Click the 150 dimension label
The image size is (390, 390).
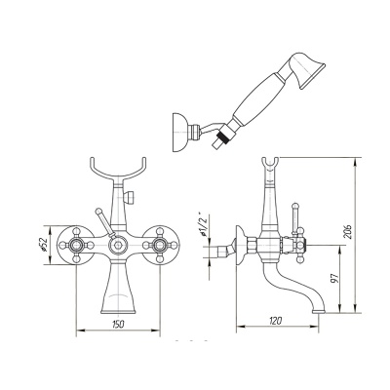119,324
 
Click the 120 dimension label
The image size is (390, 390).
276,321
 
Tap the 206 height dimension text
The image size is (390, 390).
348,231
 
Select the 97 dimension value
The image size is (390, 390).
335,279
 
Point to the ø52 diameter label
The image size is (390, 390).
44,244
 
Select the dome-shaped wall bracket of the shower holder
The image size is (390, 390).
178,132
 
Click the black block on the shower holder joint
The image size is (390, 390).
222,135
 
